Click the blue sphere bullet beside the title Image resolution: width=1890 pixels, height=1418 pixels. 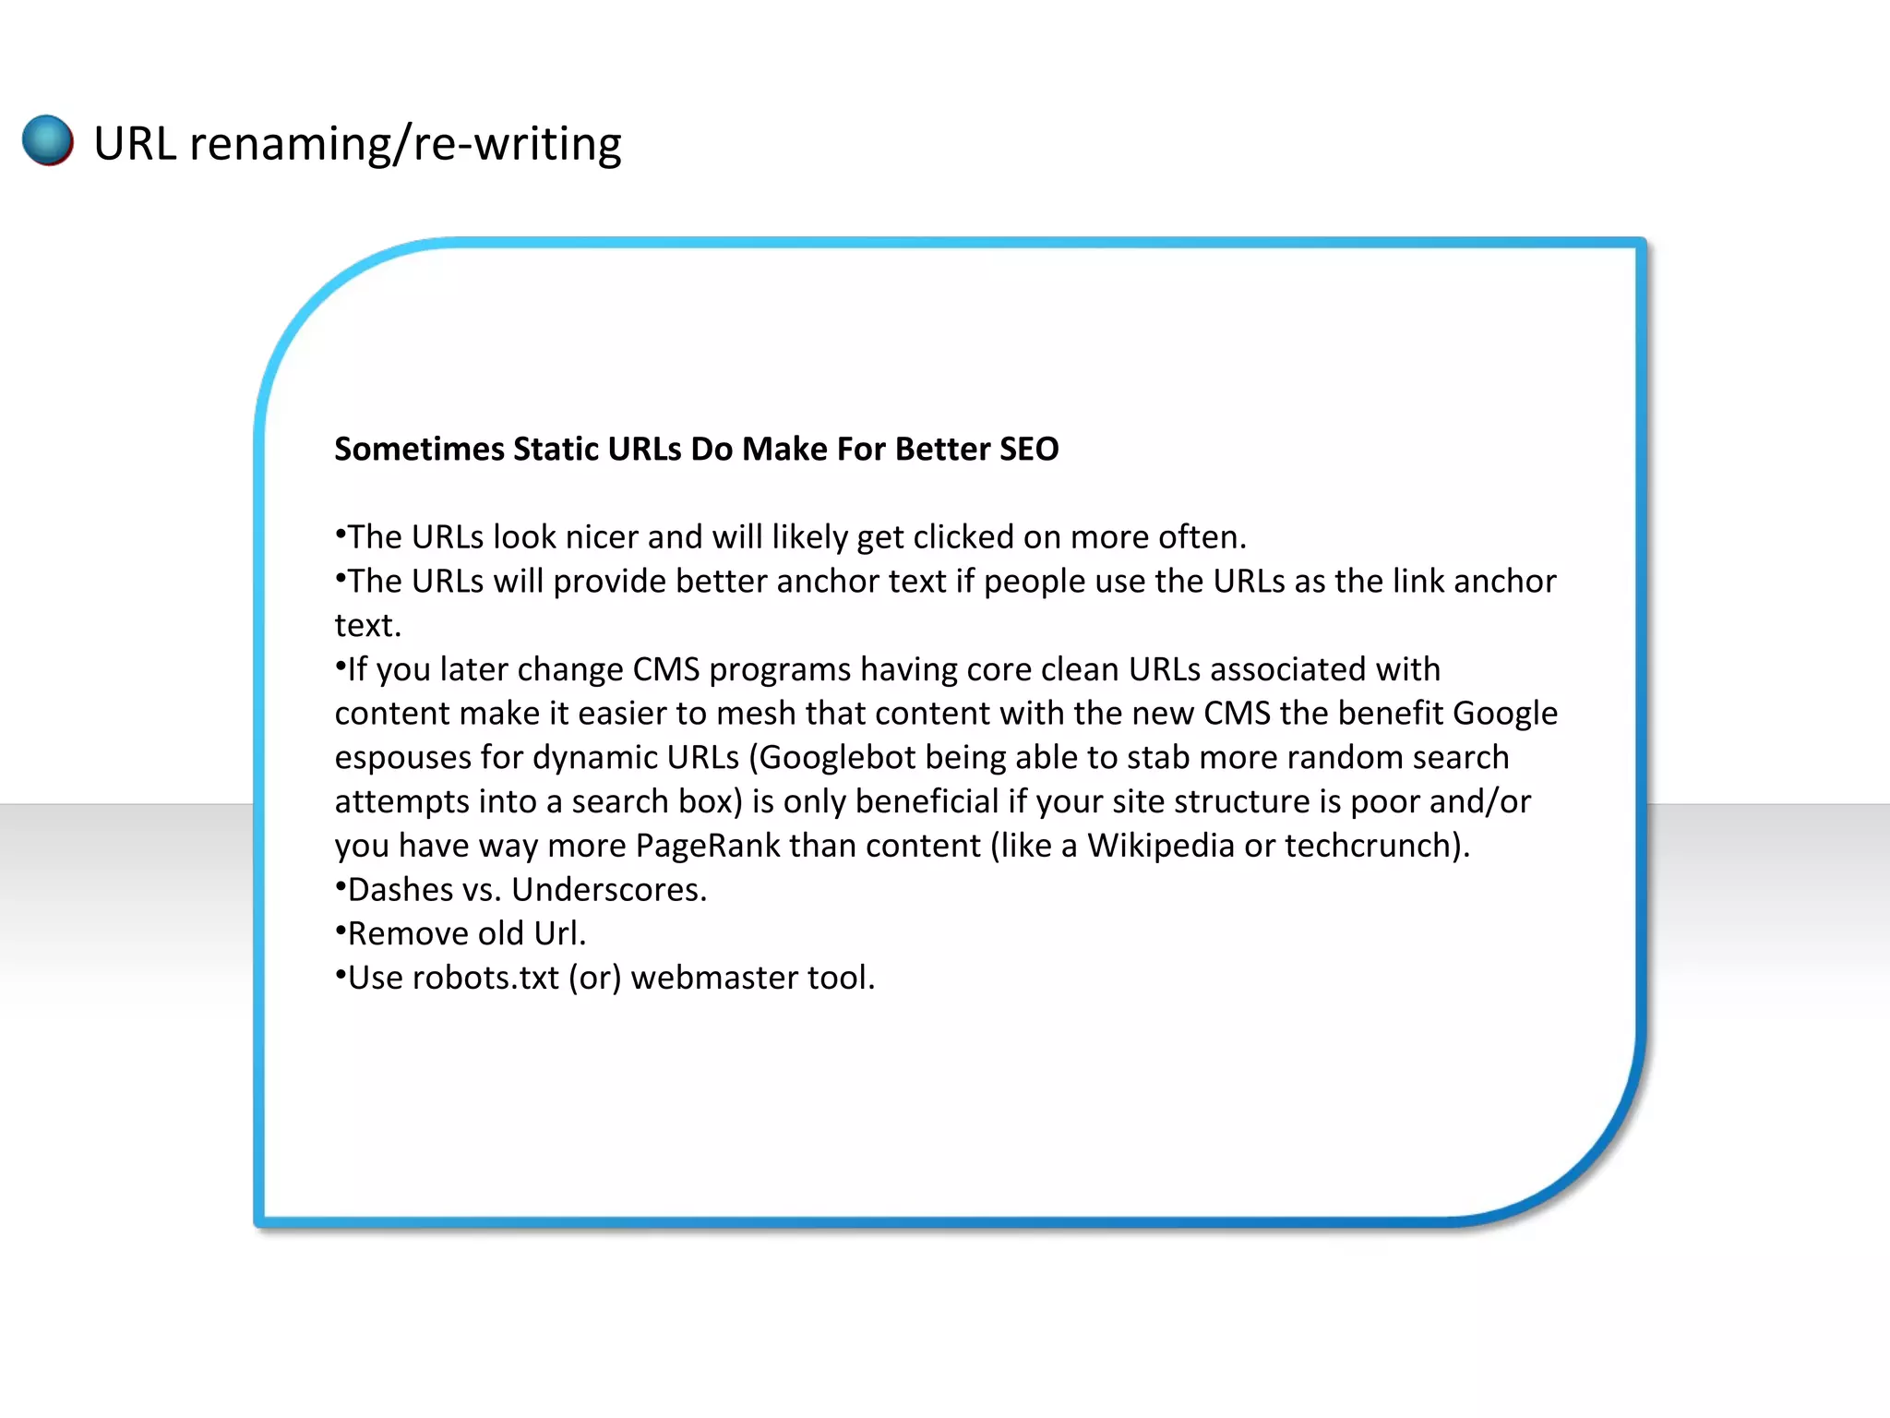(48, 140)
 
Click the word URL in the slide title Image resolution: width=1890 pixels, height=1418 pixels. (135, 144)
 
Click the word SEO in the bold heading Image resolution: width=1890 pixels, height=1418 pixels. (1028, 449)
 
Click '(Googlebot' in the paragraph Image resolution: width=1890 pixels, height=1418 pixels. (832, 758)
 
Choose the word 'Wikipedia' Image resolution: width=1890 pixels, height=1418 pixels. (1161, 846)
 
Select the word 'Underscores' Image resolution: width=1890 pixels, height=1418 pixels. (608, 890)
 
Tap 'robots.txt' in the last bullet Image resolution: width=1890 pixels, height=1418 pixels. (485, 978)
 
